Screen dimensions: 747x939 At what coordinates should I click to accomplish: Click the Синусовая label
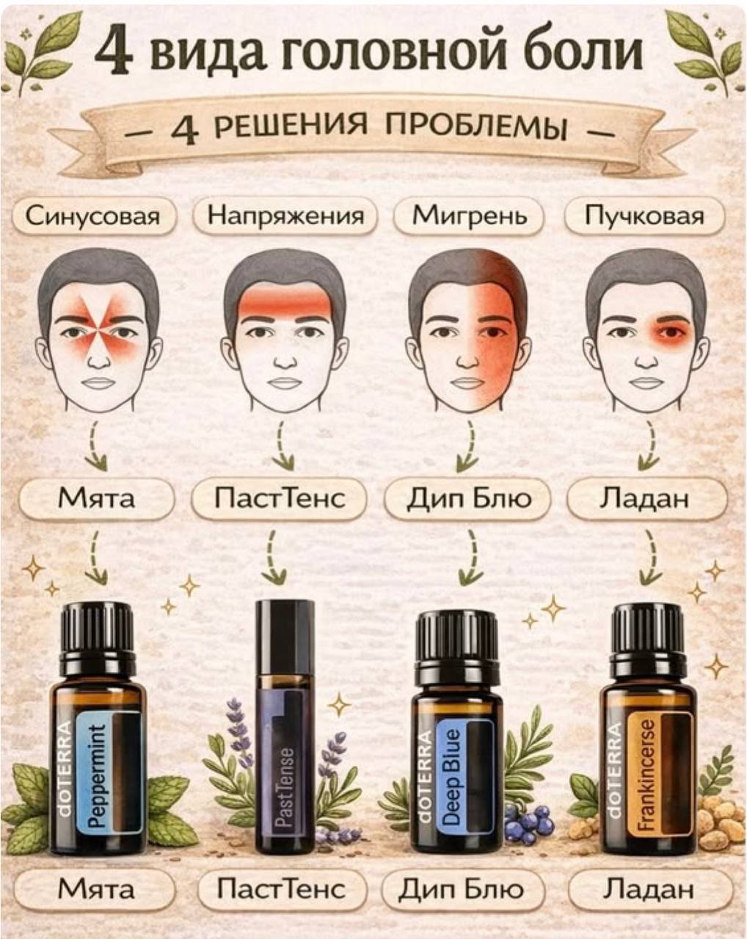pyautogui.click(x=92, y=216)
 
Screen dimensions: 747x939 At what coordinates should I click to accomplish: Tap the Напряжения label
pyautogui.click(x=285, y=216)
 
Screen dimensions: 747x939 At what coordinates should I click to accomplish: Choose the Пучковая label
pyautogui.click(x=644, y=216)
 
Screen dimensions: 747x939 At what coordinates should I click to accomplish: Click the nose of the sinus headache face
pyautogui.click(x=101, y=360)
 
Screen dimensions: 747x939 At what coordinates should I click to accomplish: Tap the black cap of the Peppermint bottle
pyautogui.click(x=95, y=629)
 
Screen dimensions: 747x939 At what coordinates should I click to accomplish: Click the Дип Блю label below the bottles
pyautogui.click(x=463, y=888)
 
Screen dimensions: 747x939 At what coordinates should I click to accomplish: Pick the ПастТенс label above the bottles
pyautogui.click(x=280, y=498)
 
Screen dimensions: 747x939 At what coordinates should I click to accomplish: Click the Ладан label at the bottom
pyautogui.click(x=648, y=888)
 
